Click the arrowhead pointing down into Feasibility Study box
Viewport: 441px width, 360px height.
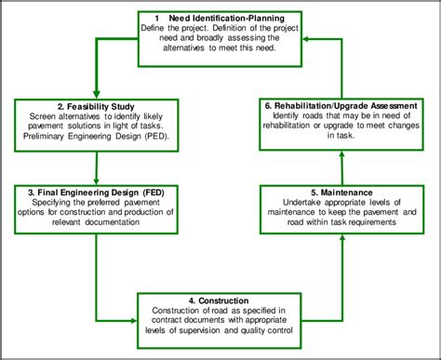click(96, 94)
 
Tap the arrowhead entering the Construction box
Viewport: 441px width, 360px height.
click(132, 317)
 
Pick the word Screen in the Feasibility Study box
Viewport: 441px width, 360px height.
click(33, 120)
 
